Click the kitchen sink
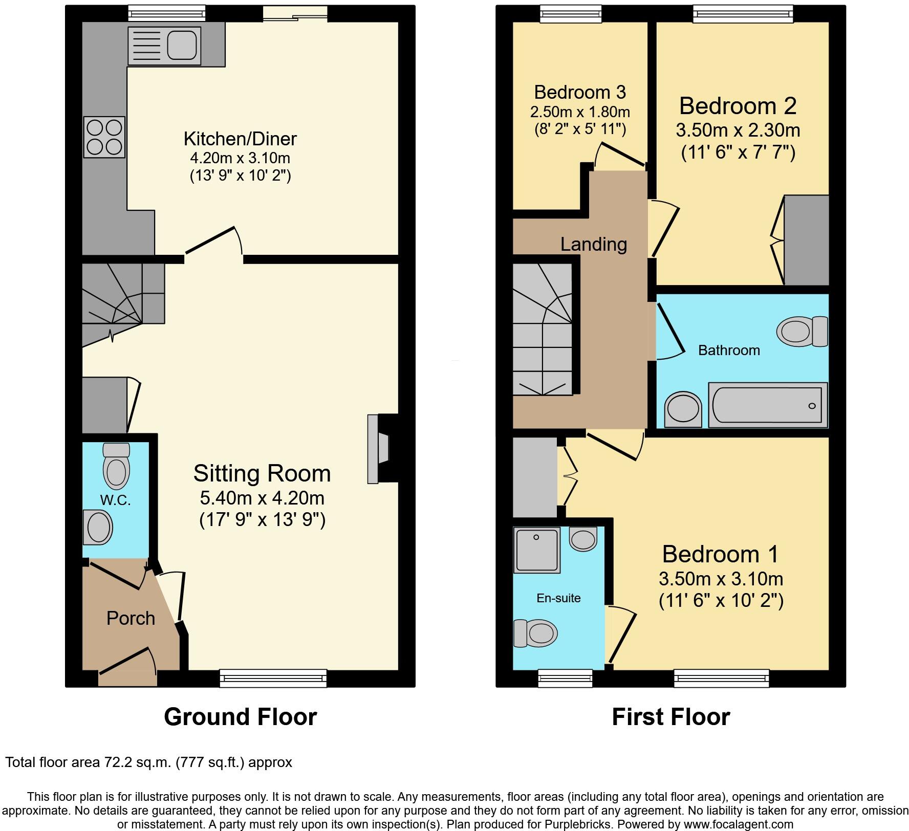click(164, 46)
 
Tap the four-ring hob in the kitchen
click(104, 137)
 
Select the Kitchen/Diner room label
click(240, 139)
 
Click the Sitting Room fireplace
click(379, 449)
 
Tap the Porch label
click(131, 618)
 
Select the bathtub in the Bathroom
click(767, 405)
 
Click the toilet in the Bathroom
click(802, 331)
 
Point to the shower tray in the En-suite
click(537, 550)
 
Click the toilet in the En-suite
click(535, 633)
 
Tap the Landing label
click(593, 244)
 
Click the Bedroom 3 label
click(580, 92)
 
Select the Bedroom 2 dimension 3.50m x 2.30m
click(738, 130)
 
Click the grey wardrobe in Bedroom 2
click(806, 240)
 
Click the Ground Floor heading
click(240, 716)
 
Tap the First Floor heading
click(670, 716)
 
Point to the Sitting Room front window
click(273, 678)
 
